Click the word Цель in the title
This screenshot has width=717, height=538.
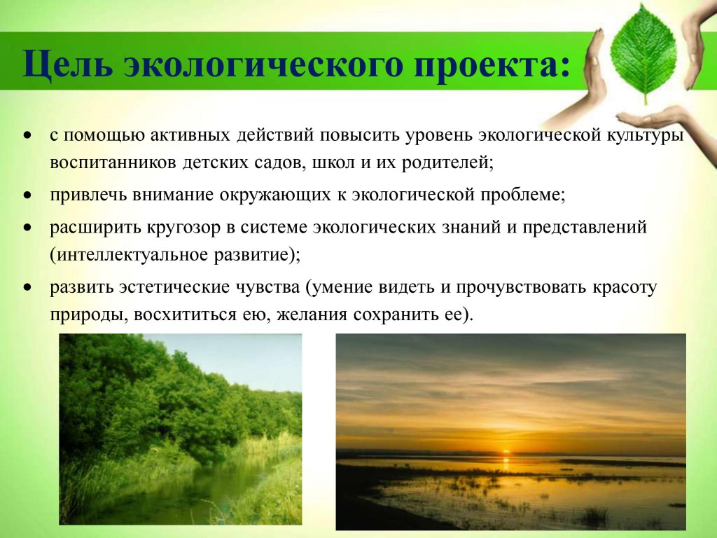click(68, 63)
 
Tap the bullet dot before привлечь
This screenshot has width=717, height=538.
click(29, 195)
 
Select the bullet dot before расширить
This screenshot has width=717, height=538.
click(29, 228)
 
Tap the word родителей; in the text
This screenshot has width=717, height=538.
click(447, 163)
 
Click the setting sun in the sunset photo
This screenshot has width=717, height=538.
click(506, 453)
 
